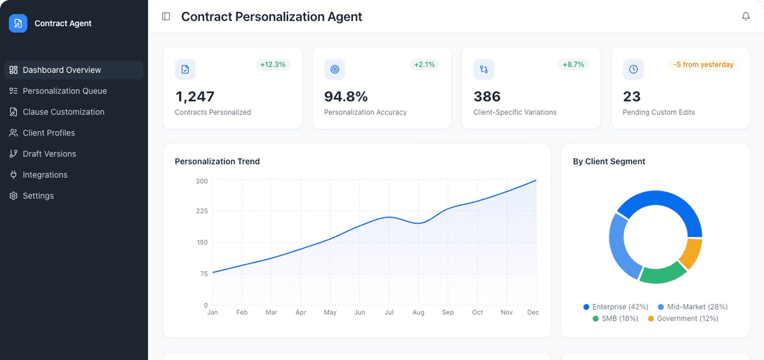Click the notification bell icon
pos(746,16)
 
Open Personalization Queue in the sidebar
pos(64,91)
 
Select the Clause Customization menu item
pos(63,112)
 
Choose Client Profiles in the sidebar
pos(48,133)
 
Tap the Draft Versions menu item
pos(49,154)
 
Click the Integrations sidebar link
pos(45,175)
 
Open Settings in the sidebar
pos(38,196)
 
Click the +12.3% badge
pos(273,65)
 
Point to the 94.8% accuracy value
pos(345,97)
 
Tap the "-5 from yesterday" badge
pos(703,65)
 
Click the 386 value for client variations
pos(487,97)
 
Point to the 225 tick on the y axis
pos(202,211)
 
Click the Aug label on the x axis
pos(418,312)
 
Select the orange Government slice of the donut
pos(691,252)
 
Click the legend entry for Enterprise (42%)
pos(616,307)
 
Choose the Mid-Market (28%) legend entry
pos(693,307)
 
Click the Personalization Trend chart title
pos(217,162)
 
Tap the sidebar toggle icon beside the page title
pos(166,16)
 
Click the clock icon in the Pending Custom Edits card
pos(633,69)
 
